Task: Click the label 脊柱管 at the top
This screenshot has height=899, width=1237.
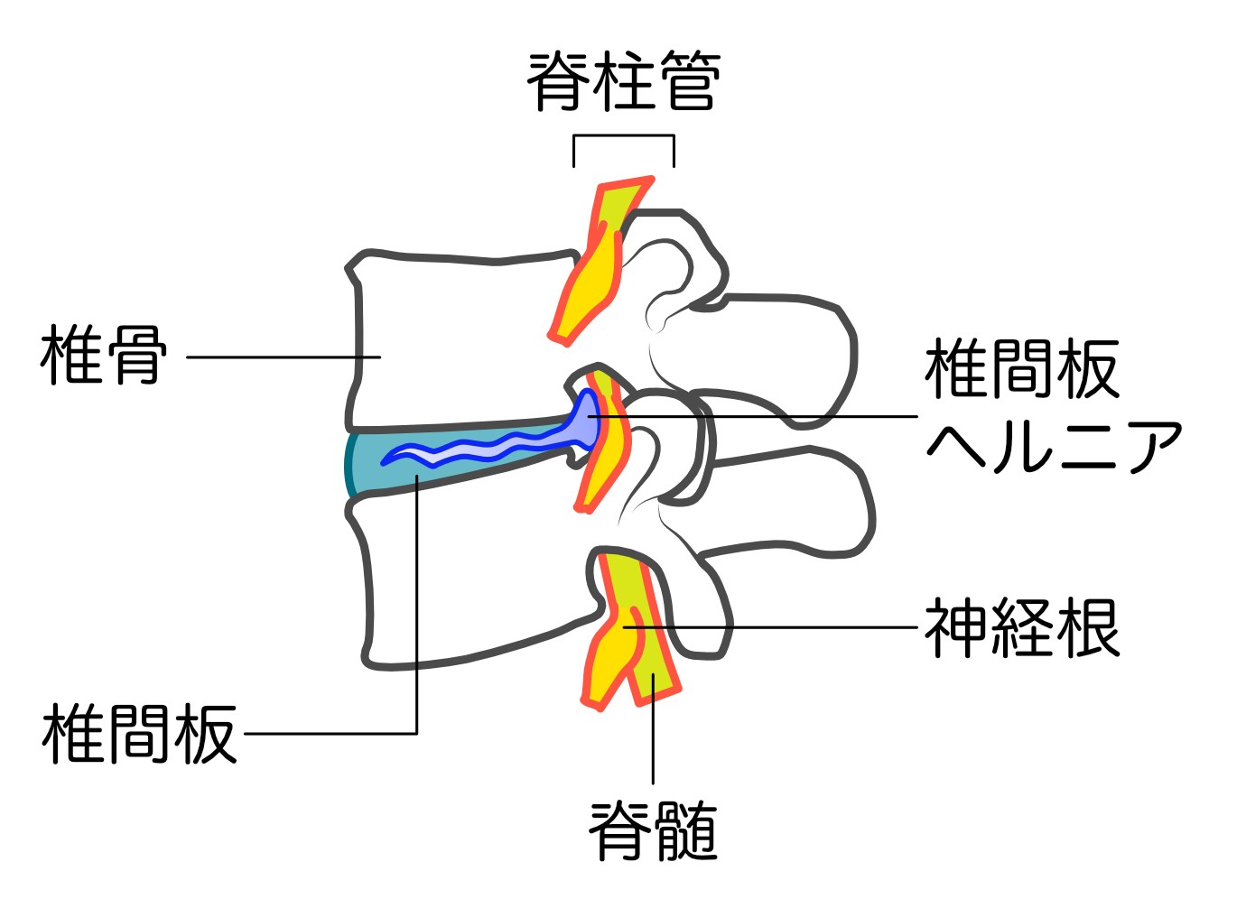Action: (624, 82)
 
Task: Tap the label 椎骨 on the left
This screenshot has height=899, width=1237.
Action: (103, 355)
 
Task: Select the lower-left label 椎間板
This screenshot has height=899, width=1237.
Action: (139, 734)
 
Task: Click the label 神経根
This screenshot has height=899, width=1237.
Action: (1022, 628)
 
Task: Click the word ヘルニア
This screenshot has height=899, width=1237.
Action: (1054, 448)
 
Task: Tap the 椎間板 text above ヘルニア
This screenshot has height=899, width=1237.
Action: (1022, 369)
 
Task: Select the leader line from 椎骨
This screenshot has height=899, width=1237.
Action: (284, 357)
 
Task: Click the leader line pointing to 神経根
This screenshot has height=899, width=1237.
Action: (770, 627)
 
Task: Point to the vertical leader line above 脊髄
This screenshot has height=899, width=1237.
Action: (653, 729)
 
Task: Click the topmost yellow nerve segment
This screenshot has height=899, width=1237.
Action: (600, 263)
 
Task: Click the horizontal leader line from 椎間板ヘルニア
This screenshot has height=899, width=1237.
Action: (753, 416)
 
